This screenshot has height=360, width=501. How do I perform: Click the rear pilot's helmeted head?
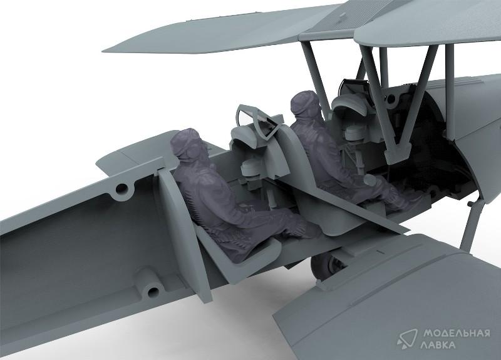point(186,145)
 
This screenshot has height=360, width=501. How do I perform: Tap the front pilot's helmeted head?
point(306,104)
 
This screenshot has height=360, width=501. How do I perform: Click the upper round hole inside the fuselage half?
point(121,189)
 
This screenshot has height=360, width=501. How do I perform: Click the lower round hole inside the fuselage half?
point(152,291)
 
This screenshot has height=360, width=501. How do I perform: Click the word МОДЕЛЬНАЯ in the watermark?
point(457,334)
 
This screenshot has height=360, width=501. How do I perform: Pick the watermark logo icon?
point(407,339)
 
